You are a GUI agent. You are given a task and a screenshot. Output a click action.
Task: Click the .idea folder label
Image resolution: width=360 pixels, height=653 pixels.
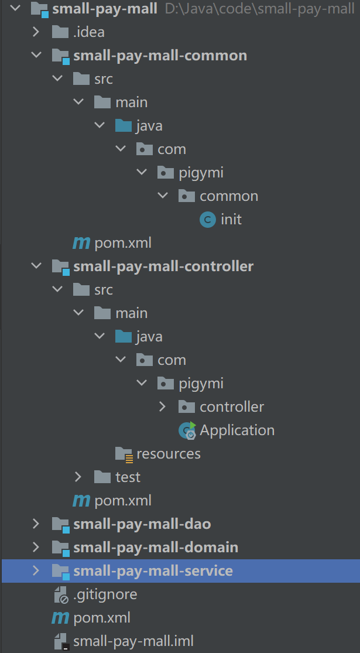(88, 32)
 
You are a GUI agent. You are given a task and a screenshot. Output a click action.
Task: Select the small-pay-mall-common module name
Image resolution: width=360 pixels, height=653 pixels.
(160, 56)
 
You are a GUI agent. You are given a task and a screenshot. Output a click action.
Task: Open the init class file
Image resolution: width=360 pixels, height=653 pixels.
(231, 220)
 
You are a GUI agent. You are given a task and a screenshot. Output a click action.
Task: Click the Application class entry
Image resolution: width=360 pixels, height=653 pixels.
(237, 430)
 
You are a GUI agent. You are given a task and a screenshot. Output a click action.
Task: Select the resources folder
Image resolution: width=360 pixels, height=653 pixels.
(168, 454)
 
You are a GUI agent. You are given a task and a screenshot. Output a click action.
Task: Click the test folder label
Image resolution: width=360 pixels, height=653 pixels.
(128, 477)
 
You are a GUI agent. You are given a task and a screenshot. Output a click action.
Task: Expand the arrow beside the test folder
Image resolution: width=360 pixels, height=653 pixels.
(78, 477)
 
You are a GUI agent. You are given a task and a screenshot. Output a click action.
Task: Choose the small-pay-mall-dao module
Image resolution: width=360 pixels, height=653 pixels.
(142, 524)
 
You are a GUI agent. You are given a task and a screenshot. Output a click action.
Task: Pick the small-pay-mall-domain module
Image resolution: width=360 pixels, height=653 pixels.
(156, 548)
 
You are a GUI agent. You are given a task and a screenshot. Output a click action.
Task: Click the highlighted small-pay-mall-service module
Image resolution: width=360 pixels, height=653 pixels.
(153, 571)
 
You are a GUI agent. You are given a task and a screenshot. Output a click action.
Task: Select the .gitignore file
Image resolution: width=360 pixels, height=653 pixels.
(105, 594)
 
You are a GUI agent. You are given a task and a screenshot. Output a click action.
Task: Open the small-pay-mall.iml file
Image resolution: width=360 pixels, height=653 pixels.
(133, 641)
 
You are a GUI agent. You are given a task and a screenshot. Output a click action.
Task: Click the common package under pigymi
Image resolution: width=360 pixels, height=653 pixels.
(228, 196)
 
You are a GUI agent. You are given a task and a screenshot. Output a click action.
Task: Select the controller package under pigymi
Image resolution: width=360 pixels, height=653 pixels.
(232, 407)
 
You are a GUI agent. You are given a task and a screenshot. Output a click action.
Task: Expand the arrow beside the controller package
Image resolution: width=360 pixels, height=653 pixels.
(163, 407)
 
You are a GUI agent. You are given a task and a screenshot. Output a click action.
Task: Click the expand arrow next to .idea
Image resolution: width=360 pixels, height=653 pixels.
(36, 32)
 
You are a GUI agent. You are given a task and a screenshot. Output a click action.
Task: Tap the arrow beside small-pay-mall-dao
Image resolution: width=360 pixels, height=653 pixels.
(36, 524)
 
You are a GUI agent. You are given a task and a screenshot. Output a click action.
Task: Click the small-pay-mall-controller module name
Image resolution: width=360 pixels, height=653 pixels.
(163, 266)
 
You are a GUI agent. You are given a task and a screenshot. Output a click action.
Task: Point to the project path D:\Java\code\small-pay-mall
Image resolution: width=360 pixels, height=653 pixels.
(260, 9)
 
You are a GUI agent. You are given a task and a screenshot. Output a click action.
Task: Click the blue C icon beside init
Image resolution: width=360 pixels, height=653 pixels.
(207, 220)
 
